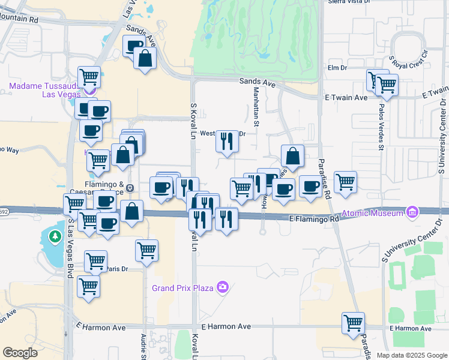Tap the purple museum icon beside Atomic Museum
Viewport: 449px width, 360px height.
(x=412, y=212)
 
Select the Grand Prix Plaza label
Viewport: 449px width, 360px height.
(x=182, y=288)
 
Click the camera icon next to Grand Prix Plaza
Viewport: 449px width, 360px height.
(x=223, y=287)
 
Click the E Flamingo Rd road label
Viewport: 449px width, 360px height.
(x=314, y=220)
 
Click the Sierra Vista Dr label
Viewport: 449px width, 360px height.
(x=348, y=2)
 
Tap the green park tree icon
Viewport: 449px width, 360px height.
(x=55, y=238)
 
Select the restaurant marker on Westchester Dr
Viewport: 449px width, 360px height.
(x=226, y=142)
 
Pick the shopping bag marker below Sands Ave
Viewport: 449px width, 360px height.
(x=145, y=59)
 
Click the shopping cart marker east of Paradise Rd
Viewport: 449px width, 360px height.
(x=345, y=181)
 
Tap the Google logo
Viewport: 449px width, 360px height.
(x=20, y=353)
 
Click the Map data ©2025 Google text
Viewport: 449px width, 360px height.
(x=412, y=355)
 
